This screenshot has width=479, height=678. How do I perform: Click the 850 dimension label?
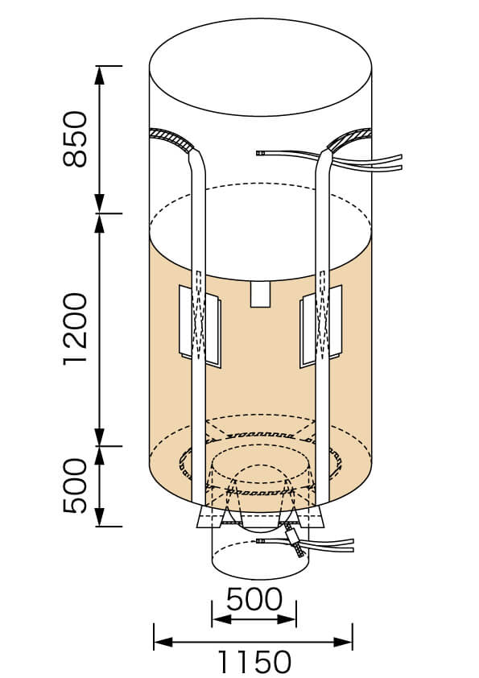pyautogui.click(x=75, y=138)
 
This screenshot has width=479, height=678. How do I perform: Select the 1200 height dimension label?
pyautogui.click(x=75, y=329)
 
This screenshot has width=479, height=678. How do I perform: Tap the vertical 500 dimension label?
pyautogui.click(x=75, y=486)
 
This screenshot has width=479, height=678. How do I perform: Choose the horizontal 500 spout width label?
pyautogui.click(x=254, y=599)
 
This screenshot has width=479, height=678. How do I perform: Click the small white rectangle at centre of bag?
pyautogui.click(x=260, y=294)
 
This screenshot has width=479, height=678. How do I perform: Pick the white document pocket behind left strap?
pyautogui.click(x=200, y=326)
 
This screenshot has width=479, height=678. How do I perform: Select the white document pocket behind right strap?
pyautogui.click(x=320, y=326)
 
